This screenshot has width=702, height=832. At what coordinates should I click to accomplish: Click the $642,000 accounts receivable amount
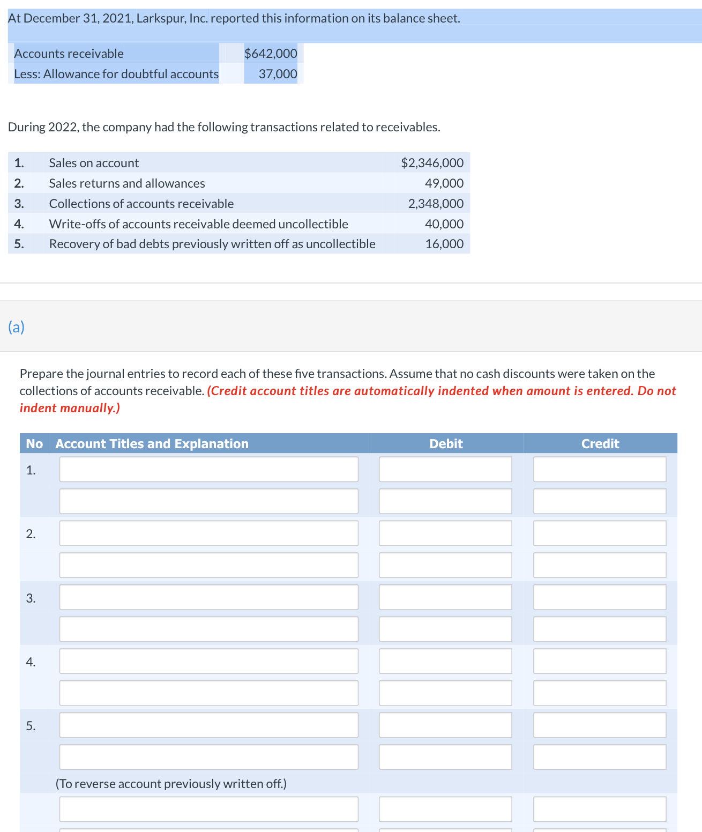click(x=271, y=54)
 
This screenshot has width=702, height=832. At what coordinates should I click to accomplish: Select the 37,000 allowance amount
click(x=278, y=74)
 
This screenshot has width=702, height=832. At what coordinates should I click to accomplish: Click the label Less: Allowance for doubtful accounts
click(x=116, y=74)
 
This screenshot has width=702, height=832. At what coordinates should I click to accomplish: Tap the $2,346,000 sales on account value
click(x=432, y=163)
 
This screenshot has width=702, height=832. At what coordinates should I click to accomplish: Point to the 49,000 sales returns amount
click(x=444, y=183)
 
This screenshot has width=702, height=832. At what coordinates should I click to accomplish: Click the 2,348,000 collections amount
click(x=436, y=204)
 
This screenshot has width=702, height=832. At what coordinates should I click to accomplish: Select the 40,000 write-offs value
click(x=444, y=224)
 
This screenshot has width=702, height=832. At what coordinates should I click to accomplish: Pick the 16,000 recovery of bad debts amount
click(x=444, y=244)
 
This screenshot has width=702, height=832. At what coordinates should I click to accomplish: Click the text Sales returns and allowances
click(x=127, y=183)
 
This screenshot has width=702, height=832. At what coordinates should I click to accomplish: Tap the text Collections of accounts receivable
click(x=141, y=204)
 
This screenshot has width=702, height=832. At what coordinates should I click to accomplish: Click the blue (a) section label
click(x=16, y=327)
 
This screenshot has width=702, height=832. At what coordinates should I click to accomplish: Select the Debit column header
click(x=446, y=444)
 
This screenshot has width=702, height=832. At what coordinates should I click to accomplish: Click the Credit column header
click(x=600, y=444)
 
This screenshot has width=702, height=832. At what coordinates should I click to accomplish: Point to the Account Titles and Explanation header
click(x=152, y=444)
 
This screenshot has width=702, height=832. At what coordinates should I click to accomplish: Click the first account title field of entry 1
click(x=208, y=470)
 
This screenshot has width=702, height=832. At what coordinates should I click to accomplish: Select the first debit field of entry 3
click(x=445, y=597)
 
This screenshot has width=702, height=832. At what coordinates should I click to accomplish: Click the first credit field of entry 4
click(x=599, y=661)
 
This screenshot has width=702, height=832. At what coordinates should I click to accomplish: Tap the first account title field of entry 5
click(x=208, y=725)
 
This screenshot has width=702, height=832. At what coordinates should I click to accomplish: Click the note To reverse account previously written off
click(x=171, y=784)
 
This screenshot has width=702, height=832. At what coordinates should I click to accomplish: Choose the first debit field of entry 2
click(x=445, y=533)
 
